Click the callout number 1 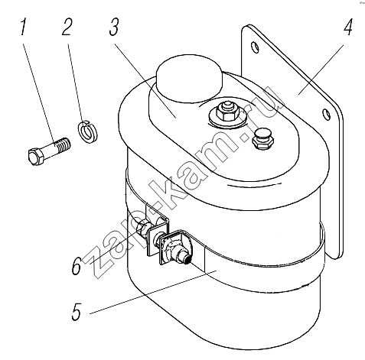pos(24,27)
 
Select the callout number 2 pos(67,27)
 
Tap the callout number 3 pos(114,27)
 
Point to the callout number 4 pos(348,27)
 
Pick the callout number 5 pos(77,311)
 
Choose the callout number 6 pos(77,266)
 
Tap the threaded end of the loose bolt pos(64,144)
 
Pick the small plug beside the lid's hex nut pos(263,139)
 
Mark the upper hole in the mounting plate pos(255,47)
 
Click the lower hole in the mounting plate pos(326,115)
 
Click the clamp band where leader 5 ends pos(217,271)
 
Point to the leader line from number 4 pos(321,70)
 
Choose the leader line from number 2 pos(75,83)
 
